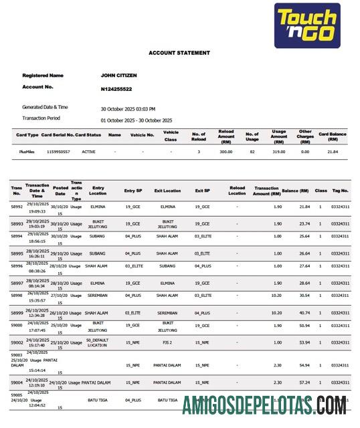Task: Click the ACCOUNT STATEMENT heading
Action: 179,53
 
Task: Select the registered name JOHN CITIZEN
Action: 121,76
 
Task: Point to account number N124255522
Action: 116,88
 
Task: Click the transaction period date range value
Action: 136,120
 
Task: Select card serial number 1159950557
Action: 58,152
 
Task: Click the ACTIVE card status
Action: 88,152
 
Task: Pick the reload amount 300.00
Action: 226,152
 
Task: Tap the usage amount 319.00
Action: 278,152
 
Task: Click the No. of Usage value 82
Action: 252,152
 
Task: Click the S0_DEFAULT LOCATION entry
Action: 98,342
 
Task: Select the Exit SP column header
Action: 203,191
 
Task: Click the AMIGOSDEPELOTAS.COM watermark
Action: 264,405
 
